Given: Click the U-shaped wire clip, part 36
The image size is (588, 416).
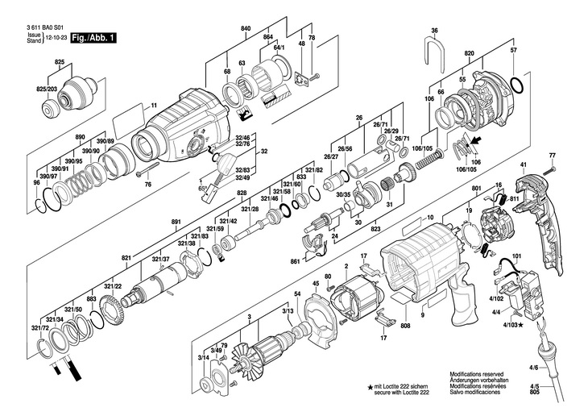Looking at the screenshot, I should click(x=433, y=54).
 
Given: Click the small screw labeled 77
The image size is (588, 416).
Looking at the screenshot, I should click(x=552, y=168).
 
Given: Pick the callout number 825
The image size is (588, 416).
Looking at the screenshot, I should click(x=60, y=62).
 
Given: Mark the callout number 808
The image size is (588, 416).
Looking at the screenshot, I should click(x=404, y=326).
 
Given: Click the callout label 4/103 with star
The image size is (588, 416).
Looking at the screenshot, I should click(x=510, y=325).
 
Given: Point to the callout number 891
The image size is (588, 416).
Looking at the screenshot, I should click(x=176, y=221).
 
